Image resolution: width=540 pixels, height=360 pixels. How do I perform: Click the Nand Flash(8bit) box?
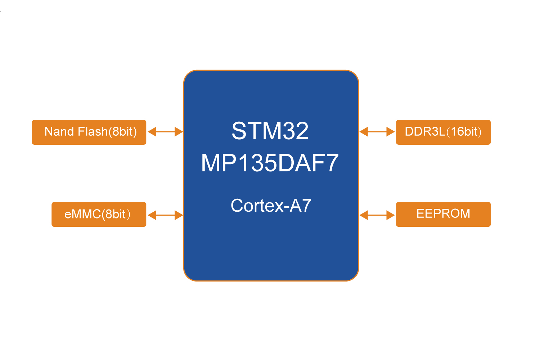pos(89,132)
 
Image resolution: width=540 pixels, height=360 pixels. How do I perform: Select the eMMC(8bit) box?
pos(99,214)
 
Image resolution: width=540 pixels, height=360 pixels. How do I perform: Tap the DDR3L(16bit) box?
pos(443,132)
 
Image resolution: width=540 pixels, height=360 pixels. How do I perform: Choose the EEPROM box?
pos(443,214)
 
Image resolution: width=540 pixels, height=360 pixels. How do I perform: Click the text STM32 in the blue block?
pos(270,131)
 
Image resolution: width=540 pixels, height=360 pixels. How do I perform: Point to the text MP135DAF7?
pos(270,163)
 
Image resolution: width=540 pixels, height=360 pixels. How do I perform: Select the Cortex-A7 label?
pos(271,206)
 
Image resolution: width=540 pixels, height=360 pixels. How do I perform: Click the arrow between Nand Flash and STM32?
pos(165,132)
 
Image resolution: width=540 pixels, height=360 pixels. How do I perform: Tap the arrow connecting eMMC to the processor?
pos(165,215)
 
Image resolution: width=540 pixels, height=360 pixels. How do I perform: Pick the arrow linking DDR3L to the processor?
pos(377,132)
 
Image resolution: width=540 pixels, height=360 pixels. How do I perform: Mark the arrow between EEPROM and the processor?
pos(377,215)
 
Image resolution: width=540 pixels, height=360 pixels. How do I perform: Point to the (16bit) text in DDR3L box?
pos(464,132)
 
